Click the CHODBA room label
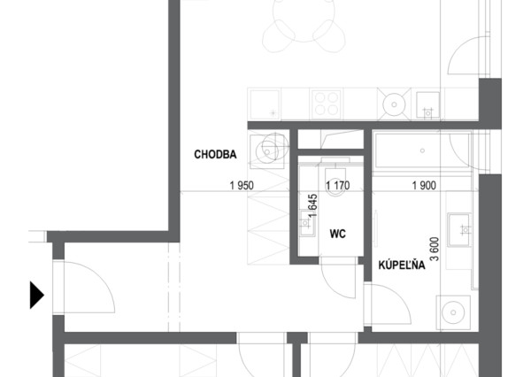point(215,155)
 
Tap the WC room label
point(338,234)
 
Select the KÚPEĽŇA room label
point(402,265)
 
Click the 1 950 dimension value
point(242,186)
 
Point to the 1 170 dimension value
point(338,186)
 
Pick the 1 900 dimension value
point(424,186)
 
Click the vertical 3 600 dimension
point(435,249)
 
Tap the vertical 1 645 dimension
point(313,205)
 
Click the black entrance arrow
point(37,295)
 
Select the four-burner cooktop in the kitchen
point(326,104)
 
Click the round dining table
point(304,20)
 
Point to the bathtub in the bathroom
point(422,150)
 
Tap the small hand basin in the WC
point(307,223)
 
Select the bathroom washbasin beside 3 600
point(458,230)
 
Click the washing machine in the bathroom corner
point(453,312)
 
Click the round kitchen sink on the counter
point(394,104)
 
